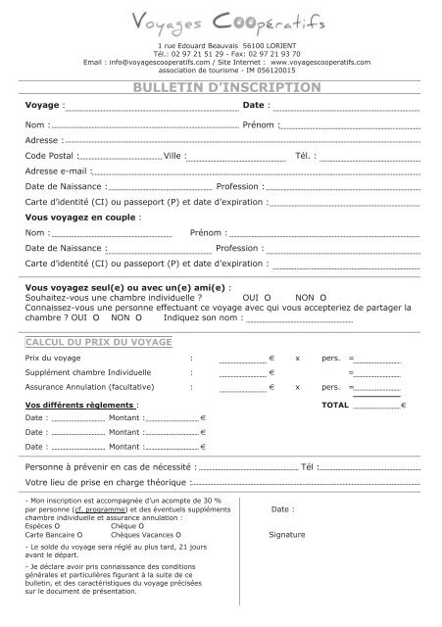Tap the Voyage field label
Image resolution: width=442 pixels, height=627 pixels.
point(42,105)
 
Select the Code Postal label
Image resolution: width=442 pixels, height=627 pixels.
point(49,156)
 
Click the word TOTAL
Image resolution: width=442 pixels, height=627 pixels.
point(335,405)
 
